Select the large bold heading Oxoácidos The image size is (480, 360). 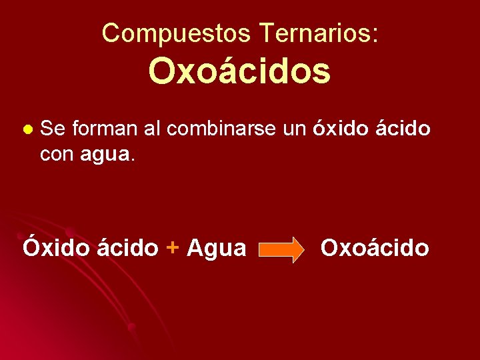[x=239, y=71]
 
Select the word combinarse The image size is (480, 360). [x=221, y=128]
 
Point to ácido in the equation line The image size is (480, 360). [x=127, y=247]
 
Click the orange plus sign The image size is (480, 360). [x=173, y=249]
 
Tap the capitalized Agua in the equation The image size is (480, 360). [x=216, y=249]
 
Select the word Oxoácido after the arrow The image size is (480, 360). [x=375, y=247]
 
